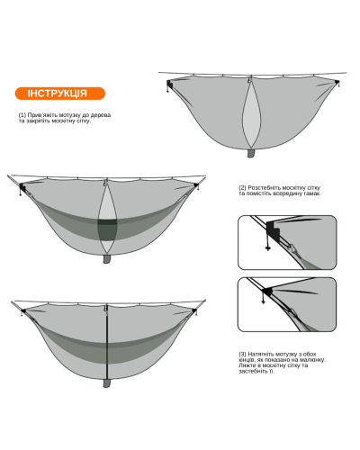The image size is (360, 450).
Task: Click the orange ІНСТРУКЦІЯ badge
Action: point(60,94)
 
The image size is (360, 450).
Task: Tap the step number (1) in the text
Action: point(22,115)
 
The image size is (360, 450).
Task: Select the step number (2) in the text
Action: point(242,188)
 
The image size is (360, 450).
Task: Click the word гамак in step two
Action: point(312,193)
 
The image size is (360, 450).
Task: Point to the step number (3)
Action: point(242,354)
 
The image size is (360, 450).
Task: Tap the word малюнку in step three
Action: point(313,360)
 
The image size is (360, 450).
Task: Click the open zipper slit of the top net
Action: point(251,114)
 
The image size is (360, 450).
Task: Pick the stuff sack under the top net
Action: point(251,153)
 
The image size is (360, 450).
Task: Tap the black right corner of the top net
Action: point(337,82)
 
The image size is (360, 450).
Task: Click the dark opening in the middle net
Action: point(107,229)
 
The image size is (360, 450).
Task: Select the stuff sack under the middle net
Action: point(107,259)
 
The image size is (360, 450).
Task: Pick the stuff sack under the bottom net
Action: point(107,383)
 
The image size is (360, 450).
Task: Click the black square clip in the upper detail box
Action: point(273,229)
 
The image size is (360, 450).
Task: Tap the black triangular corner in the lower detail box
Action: point(267,291)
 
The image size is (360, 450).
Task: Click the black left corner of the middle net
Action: point(22,188)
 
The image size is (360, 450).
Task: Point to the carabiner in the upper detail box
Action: point(293,248)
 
